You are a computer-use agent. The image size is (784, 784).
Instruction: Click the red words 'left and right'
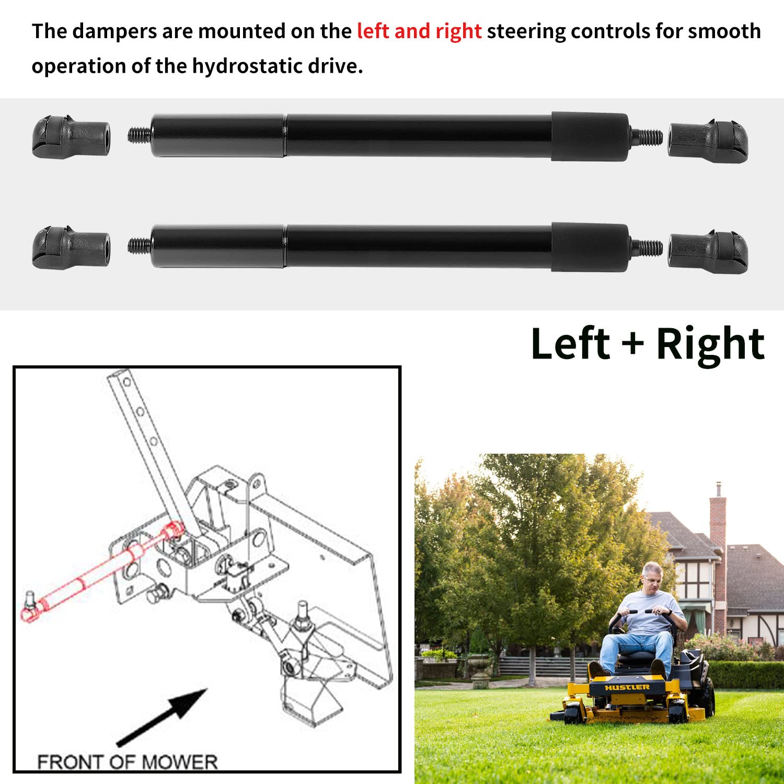(x=419, y=31)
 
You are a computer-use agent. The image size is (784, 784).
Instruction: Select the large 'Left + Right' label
(x=647, y=344)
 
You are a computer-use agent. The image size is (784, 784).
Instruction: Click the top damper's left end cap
(x=71, y=137)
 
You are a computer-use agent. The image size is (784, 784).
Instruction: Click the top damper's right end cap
(x=708, y=141)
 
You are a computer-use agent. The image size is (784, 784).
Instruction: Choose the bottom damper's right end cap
(x=708, y=252)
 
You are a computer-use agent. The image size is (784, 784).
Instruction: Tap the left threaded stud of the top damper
(x=139, y=136)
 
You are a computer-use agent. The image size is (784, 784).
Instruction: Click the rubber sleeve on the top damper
(x=590, y=136)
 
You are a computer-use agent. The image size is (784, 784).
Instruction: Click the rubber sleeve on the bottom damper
(x=590, y=247)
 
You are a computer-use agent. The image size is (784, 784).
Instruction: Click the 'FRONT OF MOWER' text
(x=127, y=762)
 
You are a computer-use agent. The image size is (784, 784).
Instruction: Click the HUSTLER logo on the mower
(x=627, y=687)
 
